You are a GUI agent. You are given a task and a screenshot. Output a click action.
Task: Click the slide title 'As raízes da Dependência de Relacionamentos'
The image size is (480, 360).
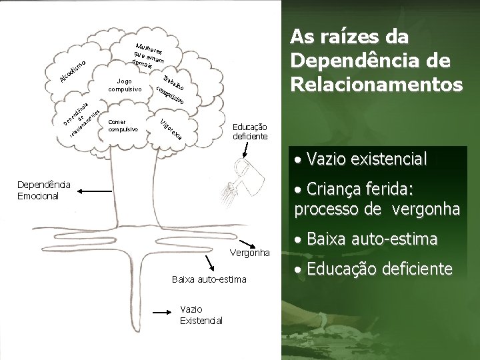point(376,60)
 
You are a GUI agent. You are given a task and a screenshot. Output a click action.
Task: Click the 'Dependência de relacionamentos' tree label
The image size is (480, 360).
point(83,119)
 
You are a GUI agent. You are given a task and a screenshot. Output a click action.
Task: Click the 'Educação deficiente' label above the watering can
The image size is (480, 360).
point(250,131)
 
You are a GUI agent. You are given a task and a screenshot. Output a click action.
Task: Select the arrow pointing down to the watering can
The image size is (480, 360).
point(243,151)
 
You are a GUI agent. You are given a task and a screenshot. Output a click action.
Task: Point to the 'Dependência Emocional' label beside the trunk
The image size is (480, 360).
point(40,189)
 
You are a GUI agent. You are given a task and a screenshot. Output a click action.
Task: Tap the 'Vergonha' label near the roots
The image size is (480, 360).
point(250,253)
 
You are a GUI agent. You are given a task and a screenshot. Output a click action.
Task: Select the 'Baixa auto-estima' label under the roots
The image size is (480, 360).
point(209,279)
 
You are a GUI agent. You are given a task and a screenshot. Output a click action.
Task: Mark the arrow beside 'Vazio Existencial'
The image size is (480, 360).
point(165,311)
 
